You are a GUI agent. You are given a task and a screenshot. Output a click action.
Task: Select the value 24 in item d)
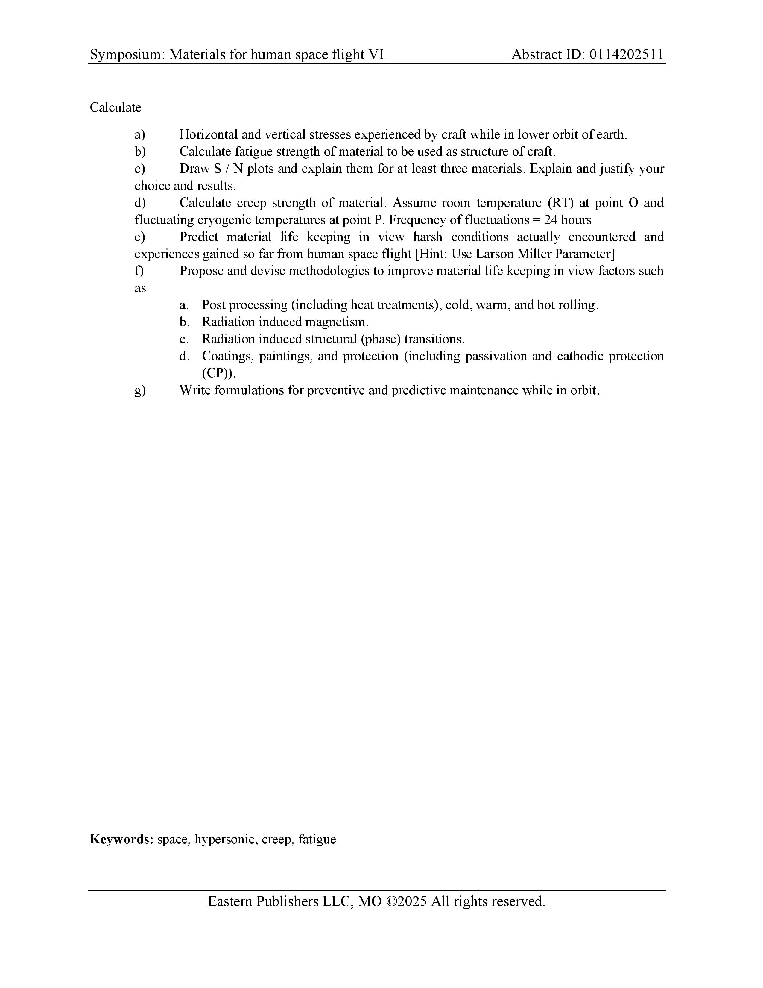click(551, 220)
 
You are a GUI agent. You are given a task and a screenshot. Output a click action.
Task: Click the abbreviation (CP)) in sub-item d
click(219, 374)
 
